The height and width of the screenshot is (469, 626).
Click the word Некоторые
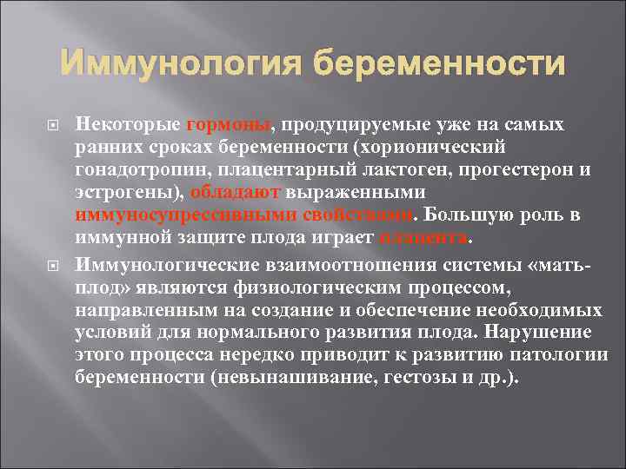[x=129, y=125]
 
